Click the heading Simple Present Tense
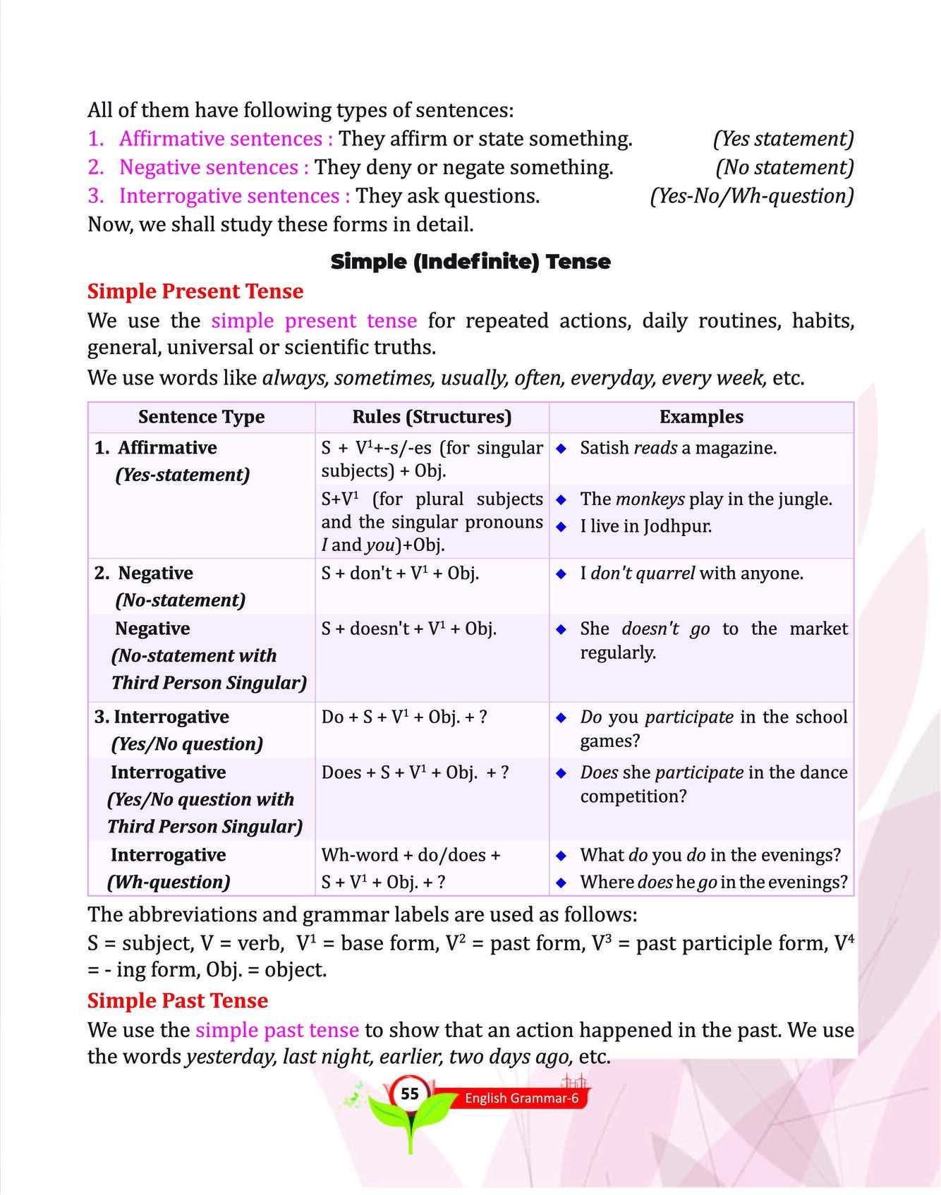coord(195,291)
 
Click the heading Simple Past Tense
coord(177,1000)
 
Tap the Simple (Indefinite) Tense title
coord(470,262)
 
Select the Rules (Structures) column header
coord(432,417)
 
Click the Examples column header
coord(700,417)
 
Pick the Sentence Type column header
coord(201,417)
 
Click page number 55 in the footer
coord(409,1094)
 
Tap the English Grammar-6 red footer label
coord(521,1098)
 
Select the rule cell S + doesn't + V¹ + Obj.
coord(408,629)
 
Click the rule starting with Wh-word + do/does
coord(411,855)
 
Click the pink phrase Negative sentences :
coord(214,167)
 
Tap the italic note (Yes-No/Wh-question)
coord(751,196)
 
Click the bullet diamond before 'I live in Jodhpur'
coord(561,526)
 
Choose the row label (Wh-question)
coord(169,882)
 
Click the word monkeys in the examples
coord(650,499)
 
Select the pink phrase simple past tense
coord(277,1030)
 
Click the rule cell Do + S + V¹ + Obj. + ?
coord(403,717)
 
